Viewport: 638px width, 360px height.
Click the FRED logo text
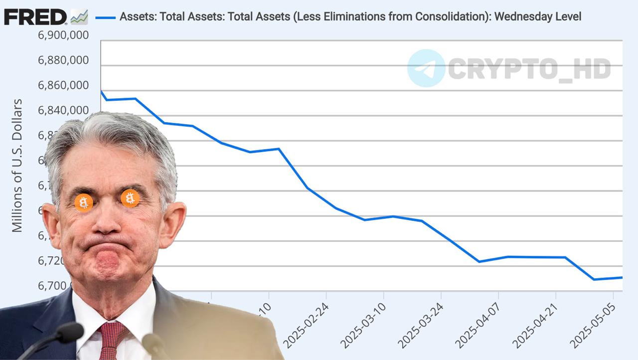click(x=35, y=17)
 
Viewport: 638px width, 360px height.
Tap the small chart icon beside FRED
click(x=79, y=17)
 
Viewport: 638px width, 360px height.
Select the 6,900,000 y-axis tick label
click(x=63, y=35)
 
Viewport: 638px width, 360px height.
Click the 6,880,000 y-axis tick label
click(x=63, y=60)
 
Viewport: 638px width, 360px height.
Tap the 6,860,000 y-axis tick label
click(x=63, y=85)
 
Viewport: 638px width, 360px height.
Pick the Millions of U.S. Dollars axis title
click(x=17, y=166)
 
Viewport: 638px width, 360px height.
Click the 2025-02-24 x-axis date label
click(x=305, y=324)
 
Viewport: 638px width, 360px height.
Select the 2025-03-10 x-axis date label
click(x=362, y=324)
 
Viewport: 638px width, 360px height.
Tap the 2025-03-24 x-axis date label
click(x=420, y=324)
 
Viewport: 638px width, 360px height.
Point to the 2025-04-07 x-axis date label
click(x=477, y=324)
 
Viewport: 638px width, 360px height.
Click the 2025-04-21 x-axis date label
click(x=534, y=324)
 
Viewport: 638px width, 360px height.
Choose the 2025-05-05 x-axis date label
click(x=592, y=324)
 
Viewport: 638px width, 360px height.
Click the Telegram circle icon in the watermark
click(x=426, y=68)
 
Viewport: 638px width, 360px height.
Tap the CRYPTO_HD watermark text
click(x=529, y=69)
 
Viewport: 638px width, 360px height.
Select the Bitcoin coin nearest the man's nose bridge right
click(x=130, y=198)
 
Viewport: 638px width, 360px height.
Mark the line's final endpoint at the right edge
click(x=622, y=277)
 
